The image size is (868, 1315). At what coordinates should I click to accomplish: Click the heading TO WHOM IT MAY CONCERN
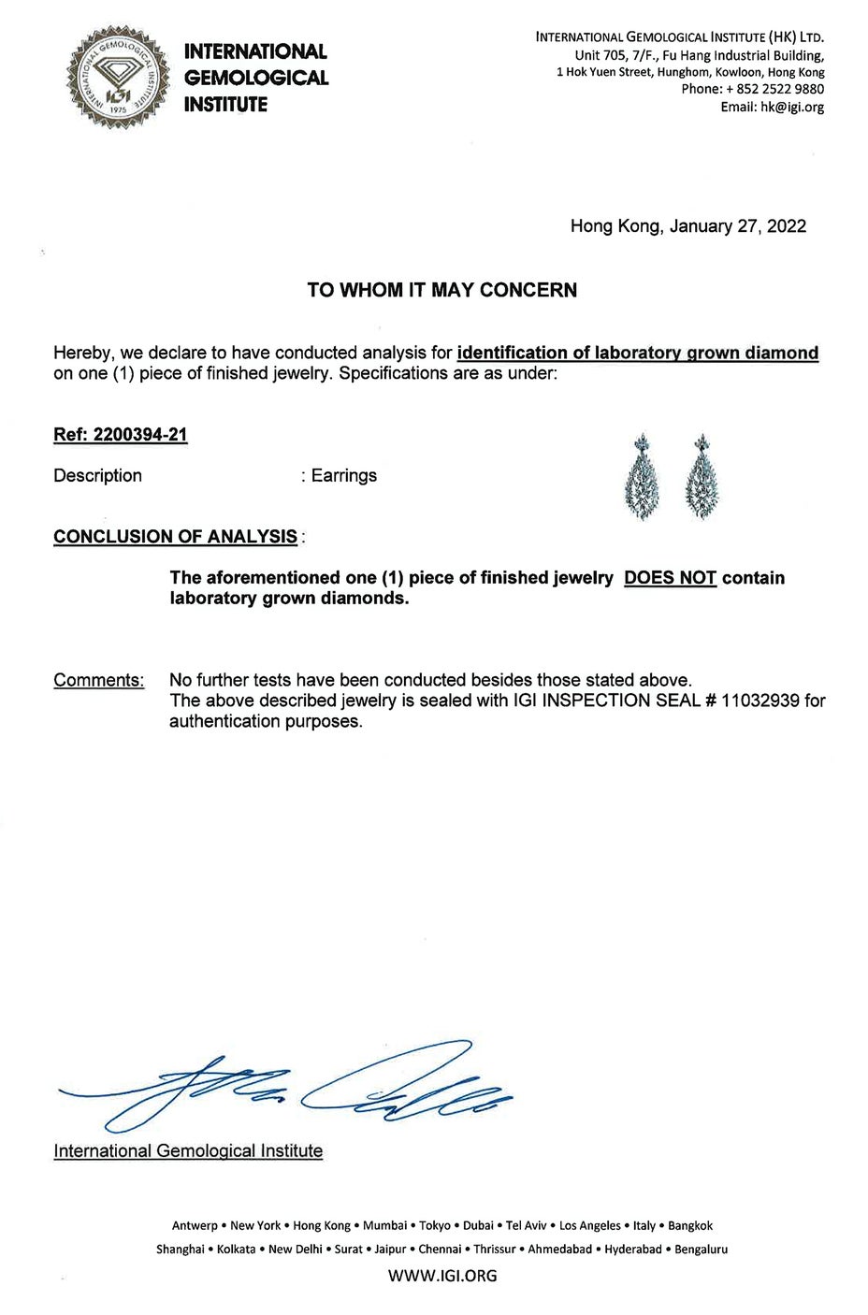point(441,290)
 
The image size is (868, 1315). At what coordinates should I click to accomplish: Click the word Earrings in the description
point(344,475)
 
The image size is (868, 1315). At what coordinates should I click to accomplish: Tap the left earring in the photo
point(644,480)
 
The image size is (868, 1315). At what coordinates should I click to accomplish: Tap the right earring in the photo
point(702,480)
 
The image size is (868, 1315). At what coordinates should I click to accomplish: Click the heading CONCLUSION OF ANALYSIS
point(175,537)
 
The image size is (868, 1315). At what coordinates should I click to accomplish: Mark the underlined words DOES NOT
point(670,578)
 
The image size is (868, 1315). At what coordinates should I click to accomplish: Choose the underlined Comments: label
point(99,680)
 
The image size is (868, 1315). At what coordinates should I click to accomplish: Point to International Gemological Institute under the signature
point(188,1151)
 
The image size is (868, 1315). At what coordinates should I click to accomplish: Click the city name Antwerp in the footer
point(195,1226)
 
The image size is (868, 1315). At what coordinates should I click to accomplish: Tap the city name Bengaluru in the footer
point(701,1250)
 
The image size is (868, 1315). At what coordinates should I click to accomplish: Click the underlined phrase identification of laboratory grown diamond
point(637,354)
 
